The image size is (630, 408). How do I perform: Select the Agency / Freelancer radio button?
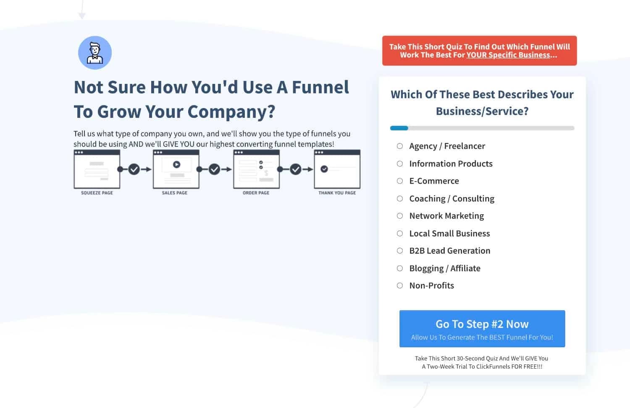tap(400, 146)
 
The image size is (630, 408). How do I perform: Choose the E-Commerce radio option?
tap(400, 181)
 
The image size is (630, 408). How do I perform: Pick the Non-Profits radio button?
tap(400, 286)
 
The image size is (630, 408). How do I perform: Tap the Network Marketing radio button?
tap(400, 216)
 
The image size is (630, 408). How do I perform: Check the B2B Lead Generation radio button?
tap(400, 251)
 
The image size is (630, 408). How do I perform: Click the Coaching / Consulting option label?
tap(451, 198)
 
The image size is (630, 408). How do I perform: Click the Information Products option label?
tap(451, 164)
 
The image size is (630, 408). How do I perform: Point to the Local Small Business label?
tap(449, 233)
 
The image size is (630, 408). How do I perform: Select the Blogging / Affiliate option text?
tap(445, 268)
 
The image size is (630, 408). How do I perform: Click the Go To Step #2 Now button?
tap(482, 328)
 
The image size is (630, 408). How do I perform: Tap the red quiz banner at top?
tap(479, 51)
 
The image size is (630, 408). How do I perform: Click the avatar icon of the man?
tap(95, 52)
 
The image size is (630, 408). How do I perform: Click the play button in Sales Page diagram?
tap(177, 164)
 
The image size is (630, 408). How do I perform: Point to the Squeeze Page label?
tap(97, 193)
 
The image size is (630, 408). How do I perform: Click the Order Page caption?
tap(256, 193)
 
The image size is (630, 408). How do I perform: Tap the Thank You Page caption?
tap(337, 193)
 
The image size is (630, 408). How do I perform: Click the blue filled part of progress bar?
tap(399, 128)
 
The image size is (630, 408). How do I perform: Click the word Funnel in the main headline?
tap(320, 87)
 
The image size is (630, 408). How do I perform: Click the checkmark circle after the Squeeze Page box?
tap(134, 169)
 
